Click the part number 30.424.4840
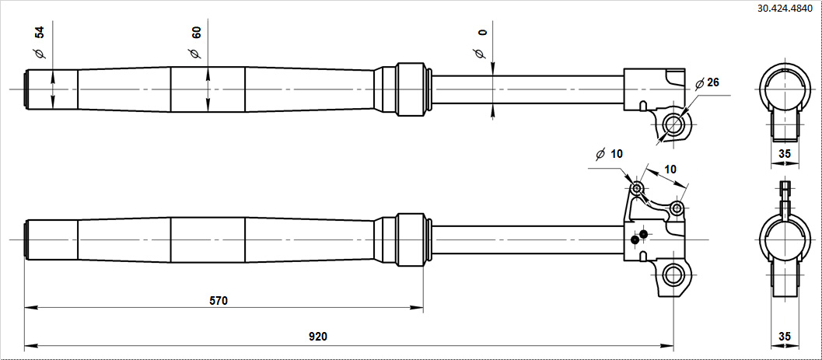click(788, 9)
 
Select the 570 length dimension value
click(219, 301)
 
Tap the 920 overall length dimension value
click(318, 337)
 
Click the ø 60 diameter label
click(194, 43)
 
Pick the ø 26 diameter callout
click(707, 82)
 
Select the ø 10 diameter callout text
click(609, 154)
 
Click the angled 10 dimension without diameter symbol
click(670, 169)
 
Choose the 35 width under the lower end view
click(784, 337)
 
